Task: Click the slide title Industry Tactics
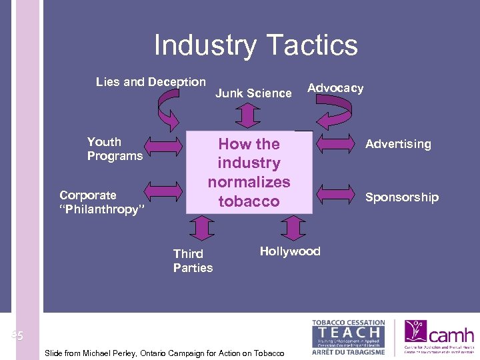255,45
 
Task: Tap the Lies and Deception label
151,82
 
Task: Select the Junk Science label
253,93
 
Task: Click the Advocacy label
335,88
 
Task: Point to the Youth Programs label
115,149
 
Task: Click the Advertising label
398,144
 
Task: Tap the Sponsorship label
401,197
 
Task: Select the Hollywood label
290,251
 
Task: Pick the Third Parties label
193,261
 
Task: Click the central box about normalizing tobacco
249,172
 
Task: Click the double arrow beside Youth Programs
163,145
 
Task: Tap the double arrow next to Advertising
337,141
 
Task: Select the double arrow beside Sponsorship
337,194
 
